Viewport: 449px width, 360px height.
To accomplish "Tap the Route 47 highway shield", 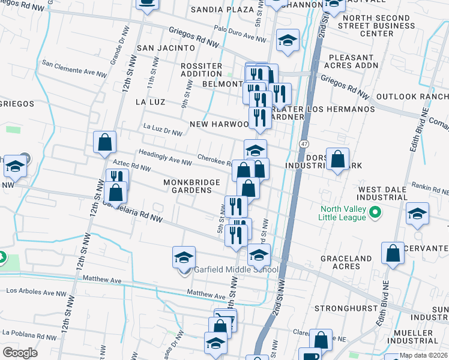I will tap(304, 145).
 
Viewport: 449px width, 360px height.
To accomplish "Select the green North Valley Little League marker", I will tap(376, 212).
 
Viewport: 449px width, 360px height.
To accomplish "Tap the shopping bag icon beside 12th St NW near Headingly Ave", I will tap(105, 143).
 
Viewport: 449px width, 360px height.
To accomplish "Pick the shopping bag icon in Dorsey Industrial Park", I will tap(338, 159).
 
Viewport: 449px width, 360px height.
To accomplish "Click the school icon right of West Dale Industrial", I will tap(417, 214).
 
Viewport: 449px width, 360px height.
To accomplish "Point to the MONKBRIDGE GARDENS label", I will tap(188, 186).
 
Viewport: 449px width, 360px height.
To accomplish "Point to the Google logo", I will tap(20, 353).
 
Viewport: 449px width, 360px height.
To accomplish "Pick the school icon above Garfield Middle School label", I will tap(184, 257).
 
